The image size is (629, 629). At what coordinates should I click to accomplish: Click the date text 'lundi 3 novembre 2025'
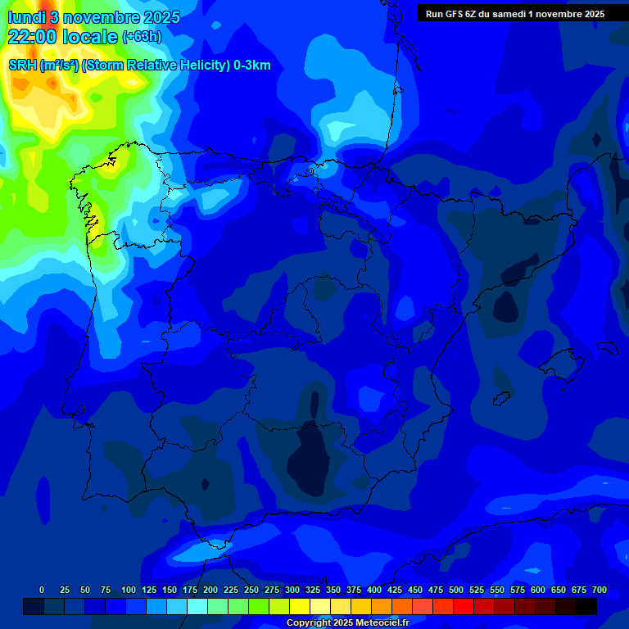(93, 17)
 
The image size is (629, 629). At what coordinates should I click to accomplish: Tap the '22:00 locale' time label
(63, 37)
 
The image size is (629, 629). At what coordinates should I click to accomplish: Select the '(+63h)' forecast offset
(142, 37)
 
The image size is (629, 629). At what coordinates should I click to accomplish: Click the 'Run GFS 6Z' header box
(515, 13)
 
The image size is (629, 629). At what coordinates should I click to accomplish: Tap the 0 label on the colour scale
(42, 590)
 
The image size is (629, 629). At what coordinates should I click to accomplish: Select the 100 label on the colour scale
(129, 590)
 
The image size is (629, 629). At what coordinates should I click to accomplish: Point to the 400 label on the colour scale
(374, 590)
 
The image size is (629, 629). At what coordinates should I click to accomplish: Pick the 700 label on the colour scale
(600, 590)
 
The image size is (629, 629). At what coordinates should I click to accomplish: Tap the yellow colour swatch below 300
(299, 607)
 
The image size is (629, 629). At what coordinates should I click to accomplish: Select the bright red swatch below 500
(463, 607)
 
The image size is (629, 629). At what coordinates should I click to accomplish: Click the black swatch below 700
(586, 607)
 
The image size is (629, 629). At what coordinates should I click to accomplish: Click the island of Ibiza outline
(502, 396)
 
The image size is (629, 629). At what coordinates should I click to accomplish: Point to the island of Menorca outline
(608, 347)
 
